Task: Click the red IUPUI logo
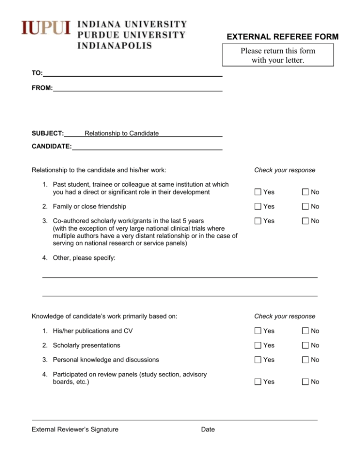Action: (45, 29)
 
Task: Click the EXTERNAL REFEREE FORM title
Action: (283, 37)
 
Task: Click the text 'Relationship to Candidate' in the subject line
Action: (121, 134)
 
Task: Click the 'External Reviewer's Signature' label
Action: (75, 429)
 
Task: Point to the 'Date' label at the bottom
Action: (207, 429)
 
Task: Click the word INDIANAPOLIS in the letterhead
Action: (114, 45)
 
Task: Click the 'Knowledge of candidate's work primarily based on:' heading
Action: (104, 316)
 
